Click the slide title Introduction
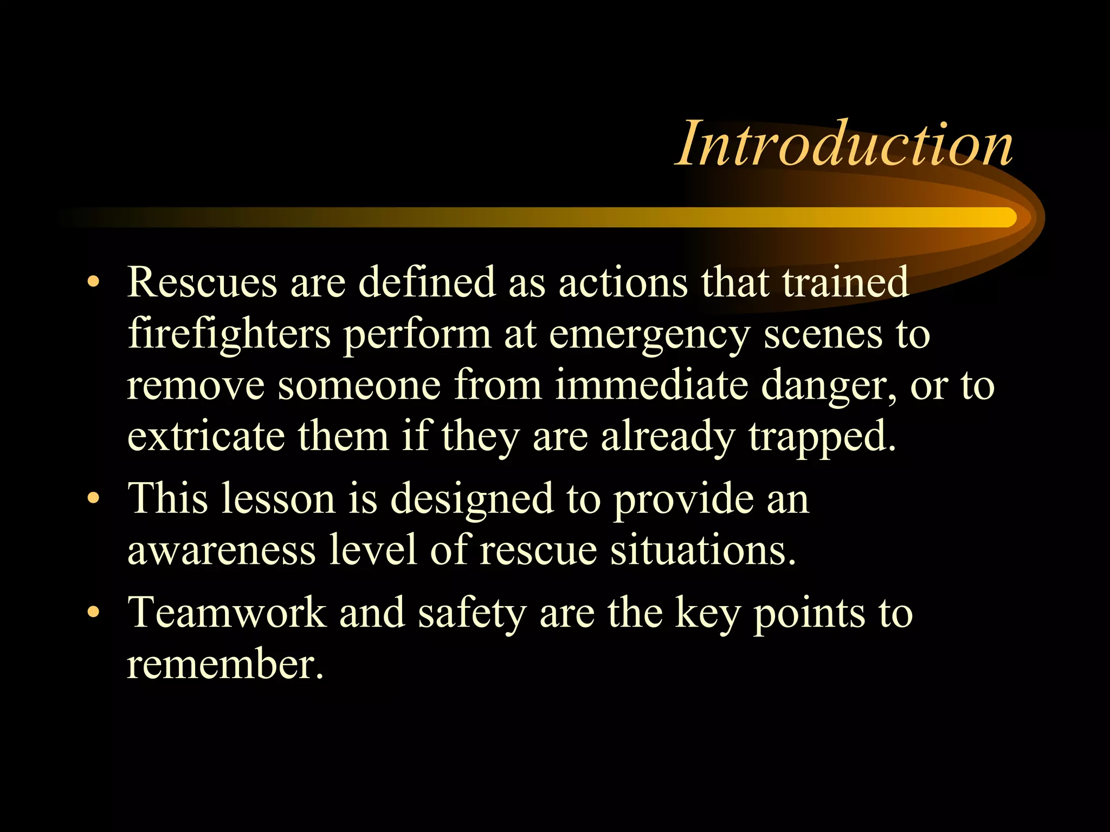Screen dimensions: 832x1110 pyautogui.click(x=844, y=144)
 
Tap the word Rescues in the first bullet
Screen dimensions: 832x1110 pyautogui.click(x=202, y=282)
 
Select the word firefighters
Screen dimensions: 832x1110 pyautogui.click(x=229, y=334)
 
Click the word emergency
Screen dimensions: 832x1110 pyautogui.click(x=649, y=335)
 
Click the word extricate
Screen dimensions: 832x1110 pyautogui.click(x=205, y=436)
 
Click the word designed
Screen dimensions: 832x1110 pyautogui.click(x=472, y=499)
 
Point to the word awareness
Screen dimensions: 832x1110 pyautogui.click(x=221, y=550)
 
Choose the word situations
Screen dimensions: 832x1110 pyautogui.click(x=703, y=550)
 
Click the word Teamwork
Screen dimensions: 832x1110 pyautogui.click(x=227, y=613)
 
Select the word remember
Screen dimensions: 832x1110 pyautogui.click(x=224, y=664)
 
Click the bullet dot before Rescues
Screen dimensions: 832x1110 pyautogui.click(x=94, y=282)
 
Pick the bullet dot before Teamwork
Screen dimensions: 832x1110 pyautogui.click(x=94, y=612)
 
